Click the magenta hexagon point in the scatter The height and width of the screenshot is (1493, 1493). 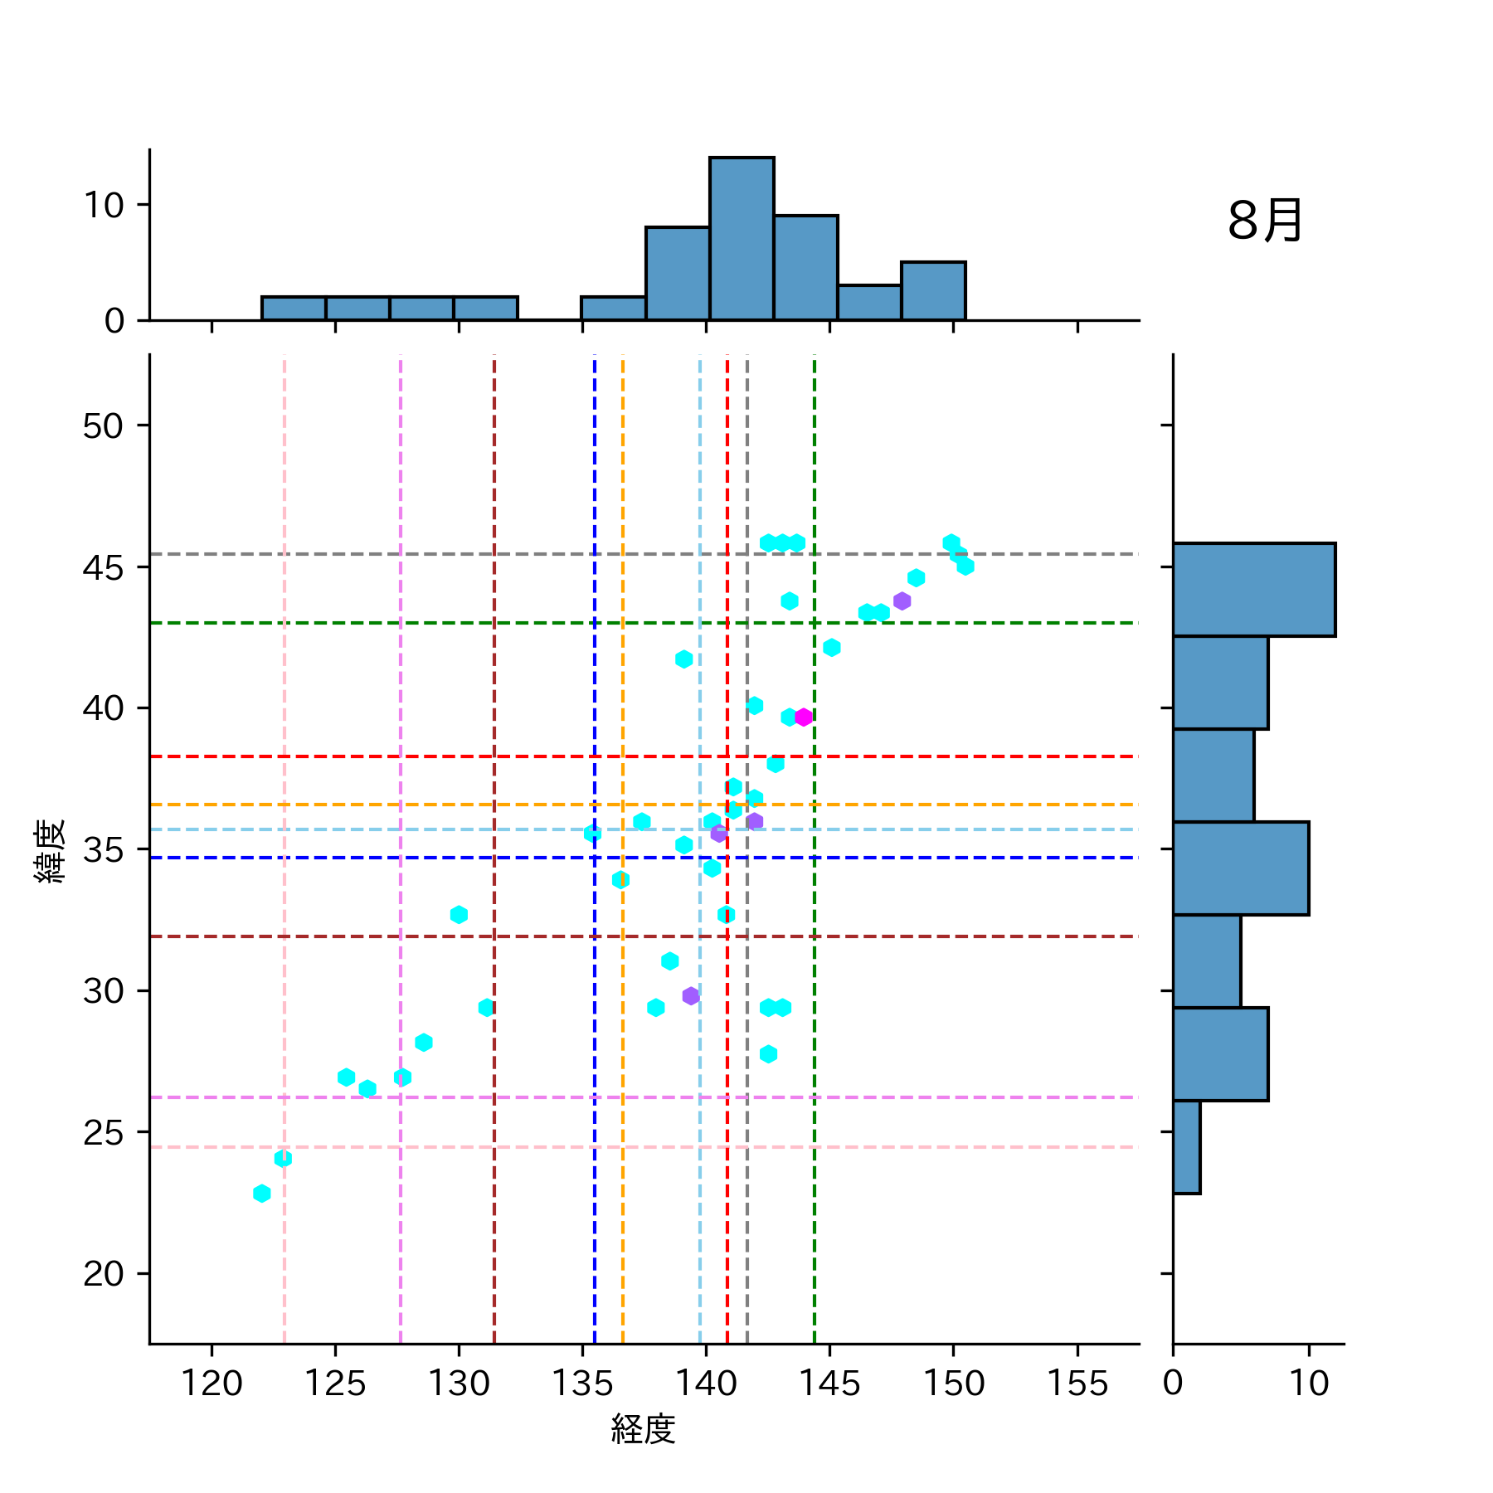pos(803,717)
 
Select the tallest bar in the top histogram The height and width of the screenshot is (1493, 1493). pos(742,239)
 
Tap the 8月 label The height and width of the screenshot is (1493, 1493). pos(1265,221)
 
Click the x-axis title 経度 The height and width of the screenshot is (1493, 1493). pos(644,1429)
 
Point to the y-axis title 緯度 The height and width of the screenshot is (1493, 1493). pos(51,850)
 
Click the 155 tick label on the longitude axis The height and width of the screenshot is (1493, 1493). pos(1077,1384)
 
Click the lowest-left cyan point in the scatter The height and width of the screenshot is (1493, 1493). pos(262,1194)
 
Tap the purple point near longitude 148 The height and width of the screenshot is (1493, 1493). pos(902,601)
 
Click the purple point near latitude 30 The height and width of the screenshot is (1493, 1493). pos(691,995)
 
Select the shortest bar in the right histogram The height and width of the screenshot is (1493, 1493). pos(1186,1147)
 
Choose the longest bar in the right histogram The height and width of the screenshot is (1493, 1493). pos(1253,590)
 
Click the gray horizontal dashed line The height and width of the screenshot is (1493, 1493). pos(415,553)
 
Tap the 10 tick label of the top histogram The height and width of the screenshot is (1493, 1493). pos(104,205)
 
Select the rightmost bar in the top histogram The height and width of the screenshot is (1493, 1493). pos(933,291)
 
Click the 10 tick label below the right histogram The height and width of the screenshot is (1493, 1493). pos(1309,1384)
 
